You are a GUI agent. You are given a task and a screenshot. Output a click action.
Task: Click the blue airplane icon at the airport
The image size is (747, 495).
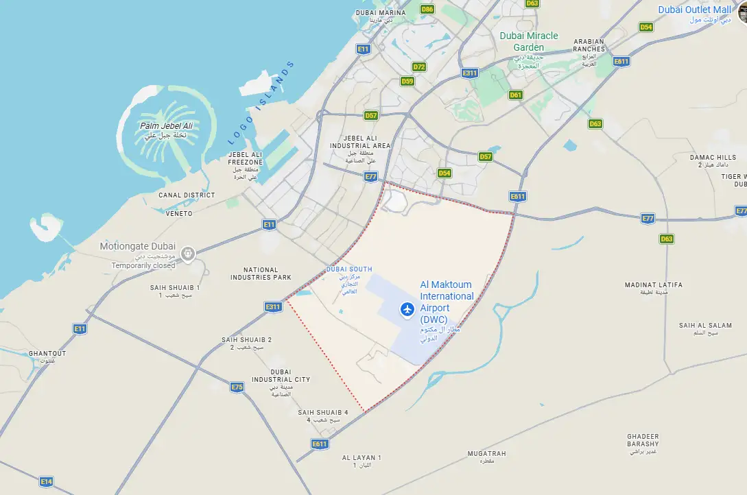[408, 310]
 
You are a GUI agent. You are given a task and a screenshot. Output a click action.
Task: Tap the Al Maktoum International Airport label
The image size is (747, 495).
[447, 302]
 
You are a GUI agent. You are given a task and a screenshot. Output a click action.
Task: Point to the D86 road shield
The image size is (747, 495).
[428, 10]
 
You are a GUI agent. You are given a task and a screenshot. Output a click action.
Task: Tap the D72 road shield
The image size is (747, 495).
[419, 67]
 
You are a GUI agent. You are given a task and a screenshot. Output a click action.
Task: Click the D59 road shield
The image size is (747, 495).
[407, 81]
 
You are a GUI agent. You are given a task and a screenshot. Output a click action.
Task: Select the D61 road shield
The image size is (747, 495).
[516, 95]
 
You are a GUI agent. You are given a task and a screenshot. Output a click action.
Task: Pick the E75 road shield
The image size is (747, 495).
[237, 387]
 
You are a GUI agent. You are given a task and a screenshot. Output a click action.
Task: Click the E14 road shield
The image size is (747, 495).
[46, 481]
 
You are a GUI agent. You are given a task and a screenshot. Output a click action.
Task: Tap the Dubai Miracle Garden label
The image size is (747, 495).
[529, 41]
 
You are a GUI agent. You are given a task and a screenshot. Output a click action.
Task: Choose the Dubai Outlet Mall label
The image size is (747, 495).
[694, 10]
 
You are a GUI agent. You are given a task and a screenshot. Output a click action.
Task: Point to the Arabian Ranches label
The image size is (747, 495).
[589, 45]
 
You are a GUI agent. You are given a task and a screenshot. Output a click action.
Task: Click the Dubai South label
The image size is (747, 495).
[349, 269]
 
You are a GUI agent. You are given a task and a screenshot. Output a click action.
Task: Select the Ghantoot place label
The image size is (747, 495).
[47, 354]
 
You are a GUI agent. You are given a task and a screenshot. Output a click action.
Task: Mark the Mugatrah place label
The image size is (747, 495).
[486, 454]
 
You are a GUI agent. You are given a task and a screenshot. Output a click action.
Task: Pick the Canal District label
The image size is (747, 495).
[187, 195]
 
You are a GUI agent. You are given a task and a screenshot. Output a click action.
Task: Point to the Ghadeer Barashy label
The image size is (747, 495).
[643, 440]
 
